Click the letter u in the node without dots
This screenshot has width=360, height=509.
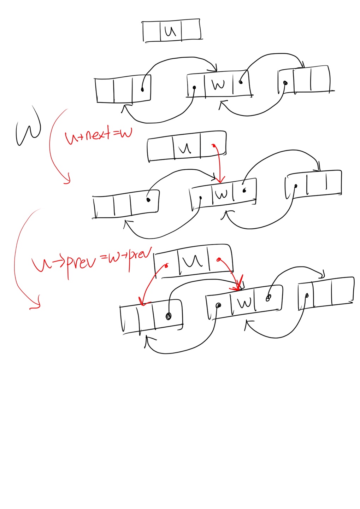170,31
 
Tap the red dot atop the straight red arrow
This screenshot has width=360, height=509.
213,145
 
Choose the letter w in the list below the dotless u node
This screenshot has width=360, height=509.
218,85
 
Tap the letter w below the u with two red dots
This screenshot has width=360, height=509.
245,303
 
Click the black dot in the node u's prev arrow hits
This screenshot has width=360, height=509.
169,316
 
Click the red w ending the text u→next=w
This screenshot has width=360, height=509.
126,133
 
